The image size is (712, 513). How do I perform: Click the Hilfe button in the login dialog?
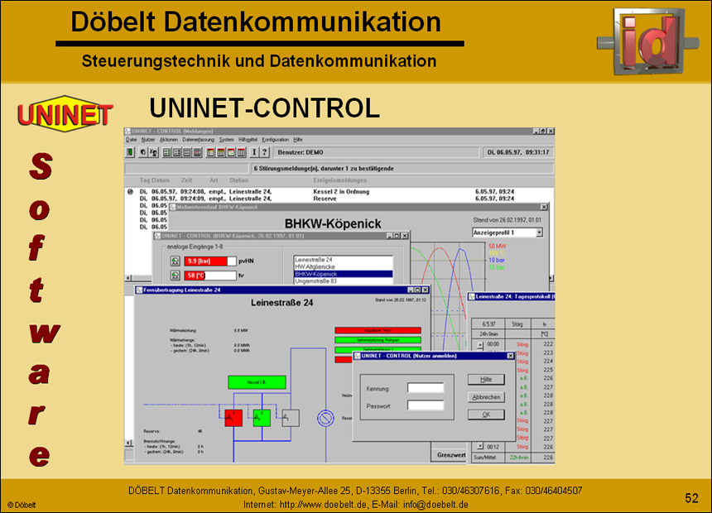[486, 379]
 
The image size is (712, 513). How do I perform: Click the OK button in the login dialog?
[486, 415]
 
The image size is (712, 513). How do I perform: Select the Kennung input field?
[426, 387]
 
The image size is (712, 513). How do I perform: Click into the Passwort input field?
[426, 405]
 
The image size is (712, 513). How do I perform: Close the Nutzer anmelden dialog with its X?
[511, 356]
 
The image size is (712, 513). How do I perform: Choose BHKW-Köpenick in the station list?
[341, 274]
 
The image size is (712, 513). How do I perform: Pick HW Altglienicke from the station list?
[341, 266]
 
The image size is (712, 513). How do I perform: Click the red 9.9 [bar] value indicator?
[205, 261]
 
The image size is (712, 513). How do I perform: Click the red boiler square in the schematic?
[233, 418]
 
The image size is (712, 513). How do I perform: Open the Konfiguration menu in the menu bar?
[275, 140]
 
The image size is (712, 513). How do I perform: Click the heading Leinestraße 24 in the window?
[281, 304]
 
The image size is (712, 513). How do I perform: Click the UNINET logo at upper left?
[65, 113]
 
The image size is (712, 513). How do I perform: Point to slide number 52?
[691, 497]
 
